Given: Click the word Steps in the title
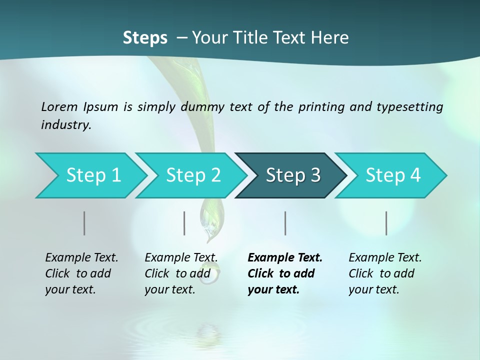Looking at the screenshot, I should (145, 38).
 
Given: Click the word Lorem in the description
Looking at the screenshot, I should (59, 107).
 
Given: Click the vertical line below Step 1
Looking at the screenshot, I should (84, 223).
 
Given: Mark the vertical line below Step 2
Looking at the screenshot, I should (184, 223).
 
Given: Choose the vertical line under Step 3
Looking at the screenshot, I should (285, 223).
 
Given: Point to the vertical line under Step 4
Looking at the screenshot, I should (386, 223).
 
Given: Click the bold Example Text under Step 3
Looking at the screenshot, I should (285, 258).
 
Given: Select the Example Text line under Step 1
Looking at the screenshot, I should (81, 258).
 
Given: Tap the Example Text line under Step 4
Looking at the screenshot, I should (385, 258).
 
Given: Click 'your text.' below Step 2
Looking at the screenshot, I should (170, 290).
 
